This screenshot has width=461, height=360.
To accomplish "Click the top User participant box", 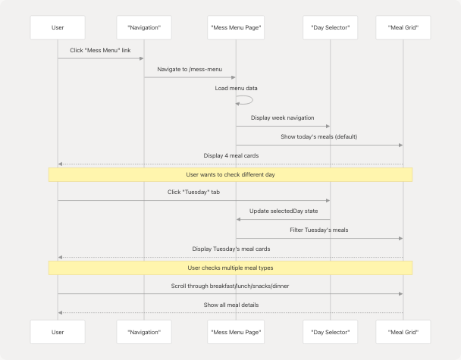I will (x=58, y=27).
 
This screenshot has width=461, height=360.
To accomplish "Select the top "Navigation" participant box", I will (x=144, y=27).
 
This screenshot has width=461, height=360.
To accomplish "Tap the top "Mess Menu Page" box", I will (x=236, y=27).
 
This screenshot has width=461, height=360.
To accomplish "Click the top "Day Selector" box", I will (x=331, y=27).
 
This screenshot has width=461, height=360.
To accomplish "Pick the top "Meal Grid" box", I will (x=403, y=27).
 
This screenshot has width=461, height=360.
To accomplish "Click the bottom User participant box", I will (x=58, y=332).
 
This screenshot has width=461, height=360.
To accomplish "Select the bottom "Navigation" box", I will (x=144, y=332).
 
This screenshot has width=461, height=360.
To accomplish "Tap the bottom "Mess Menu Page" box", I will (x=236, y=332).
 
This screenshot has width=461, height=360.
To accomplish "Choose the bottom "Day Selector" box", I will (x=331, y=332).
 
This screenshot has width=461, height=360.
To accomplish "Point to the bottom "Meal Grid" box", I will (x=403, y=332).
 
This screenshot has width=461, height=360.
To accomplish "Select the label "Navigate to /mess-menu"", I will (x=190, y=69).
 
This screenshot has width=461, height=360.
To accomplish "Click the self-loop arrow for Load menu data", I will (x=247, y=100).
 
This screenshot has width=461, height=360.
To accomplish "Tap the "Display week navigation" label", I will (x=283, y=117).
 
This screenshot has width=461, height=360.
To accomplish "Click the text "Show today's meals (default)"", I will (x=318, y=136).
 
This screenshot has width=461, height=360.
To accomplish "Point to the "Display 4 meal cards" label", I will (x=230, y=155).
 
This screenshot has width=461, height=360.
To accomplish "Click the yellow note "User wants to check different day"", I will (x=230, y=174).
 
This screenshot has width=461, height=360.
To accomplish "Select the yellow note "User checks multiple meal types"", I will (x=230, y=268).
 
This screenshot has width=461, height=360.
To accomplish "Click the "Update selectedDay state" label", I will (x=283, y=211).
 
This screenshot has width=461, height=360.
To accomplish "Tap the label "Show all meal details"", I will (x=230, y=305).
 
